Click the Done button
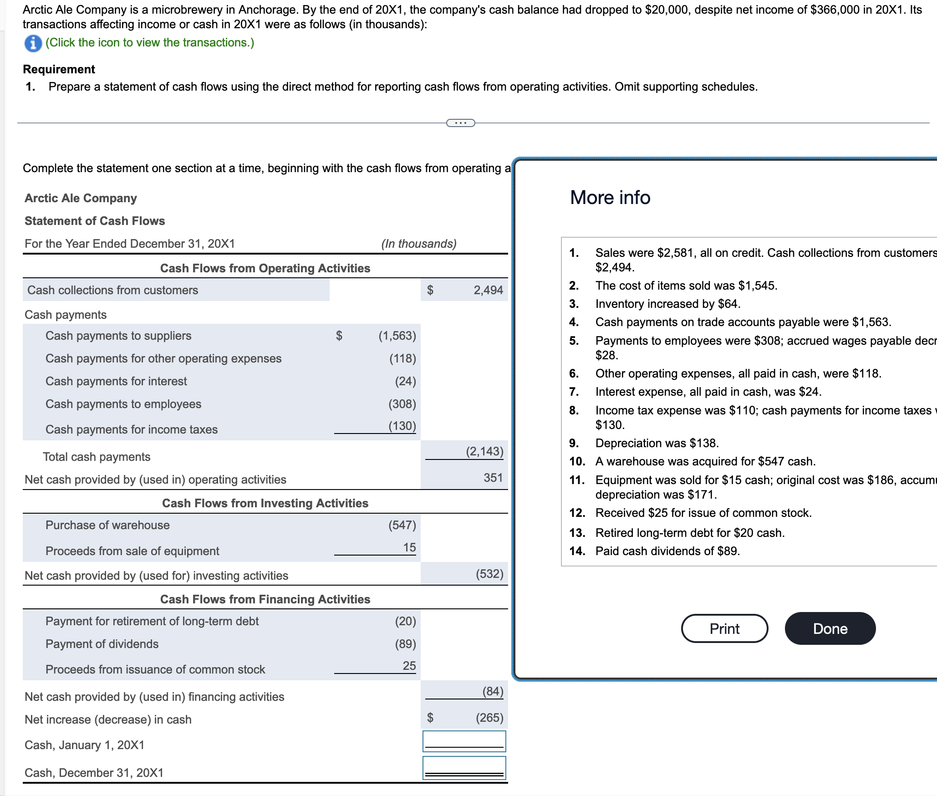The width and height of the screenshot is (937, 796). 830,628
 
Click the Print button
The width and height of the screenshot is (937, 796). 724,628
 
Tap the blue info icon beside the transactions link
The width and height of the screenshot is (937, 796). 33,43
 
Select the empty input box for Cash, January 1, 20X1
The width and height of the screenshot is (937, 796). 464,741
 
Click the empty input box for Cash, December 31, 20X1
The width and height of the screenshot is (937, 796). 464,767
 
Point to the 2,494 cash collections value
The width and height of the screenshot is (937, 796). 488,290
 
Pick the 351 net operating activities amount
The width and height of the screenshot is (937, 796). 493,478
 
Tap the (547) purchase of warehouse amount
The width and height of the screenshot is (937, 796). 402,525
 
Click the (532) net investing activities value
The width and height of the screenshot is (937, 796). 489,574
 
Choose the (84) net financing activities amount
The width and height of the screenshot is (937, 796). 493,691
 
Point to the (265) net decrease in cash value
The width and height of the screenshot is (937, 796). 489,718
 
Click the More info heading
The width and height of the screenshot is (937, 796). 610,198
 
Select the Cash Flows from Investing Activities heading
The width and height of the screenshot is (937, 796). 265,503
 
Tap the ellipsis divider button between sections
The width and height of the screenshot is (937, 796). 460,123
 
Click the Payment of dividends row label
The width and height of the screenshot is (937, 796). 102,644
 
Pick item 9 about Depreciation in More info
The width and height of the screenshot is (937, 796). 657,443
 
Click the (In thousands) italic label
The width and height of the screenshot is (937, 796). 418,244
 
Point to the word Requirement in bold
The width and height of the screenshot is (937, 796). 59,69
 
